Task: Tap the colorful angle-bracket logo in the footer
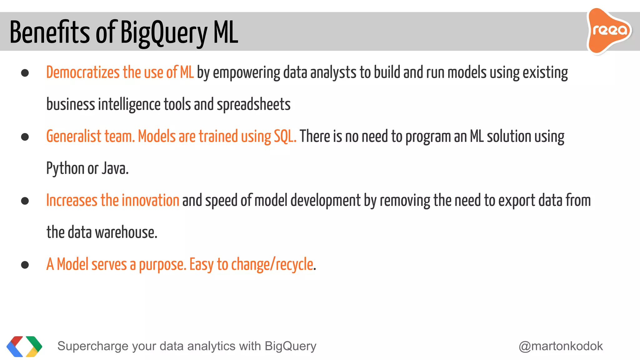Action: tap(24, 346)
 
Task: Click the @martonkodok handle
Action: tap(561, 346)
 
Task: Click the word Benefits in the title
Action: tap(50, 32)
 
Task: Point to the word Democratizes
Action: tap(83, 72)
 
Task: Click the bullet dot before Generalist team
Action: tap(25, 137)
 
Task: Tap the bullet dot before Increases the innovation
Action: tap(25, 201)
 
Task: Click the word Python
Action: tap(65, 169)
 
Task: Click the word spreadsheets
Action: tap(253, 105)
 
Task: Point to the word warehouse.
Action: tap(126, 232)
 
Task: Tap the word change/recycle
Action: tap(272, 265)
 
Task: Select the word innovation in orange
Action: tap(150, 201)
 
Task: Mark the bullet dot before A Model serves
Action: tap(25, 265)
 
